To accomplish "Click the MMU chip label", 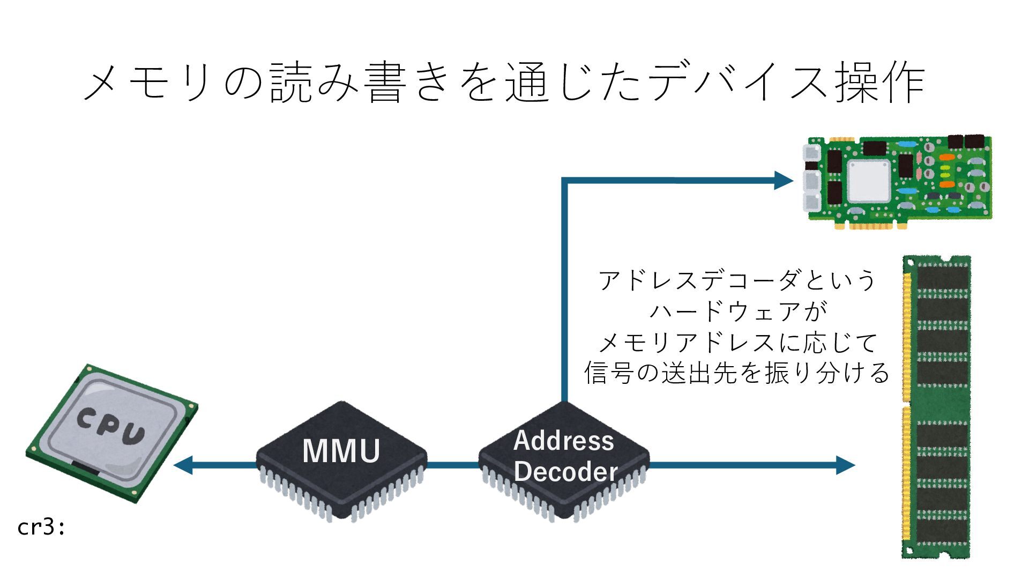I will click(x=341, y=451).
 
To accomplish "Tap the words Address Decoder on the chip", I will click(x=564, y=456).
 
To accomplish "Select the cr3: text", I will click(x=41, y=528).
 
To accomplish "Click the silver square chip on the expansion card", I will click(x=869, y=181).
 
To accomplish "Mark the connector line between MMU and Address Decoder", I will click(x=453, y=465).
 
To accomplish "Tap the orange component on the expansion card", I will click(x=947, y=157).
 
